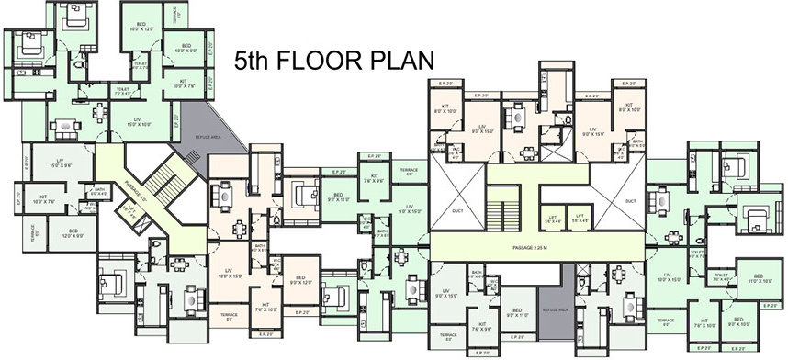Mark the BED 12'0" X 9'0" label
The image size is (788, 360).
[73, 234]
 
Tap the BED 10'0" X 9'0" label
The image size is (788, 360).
[186, 47]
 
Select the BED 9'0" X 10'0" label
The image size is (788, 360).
[739, 323]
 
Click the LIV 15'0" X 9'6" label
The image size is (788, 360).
[61, 163]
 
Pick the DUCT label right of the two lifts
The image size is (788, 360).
[630, 200]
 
